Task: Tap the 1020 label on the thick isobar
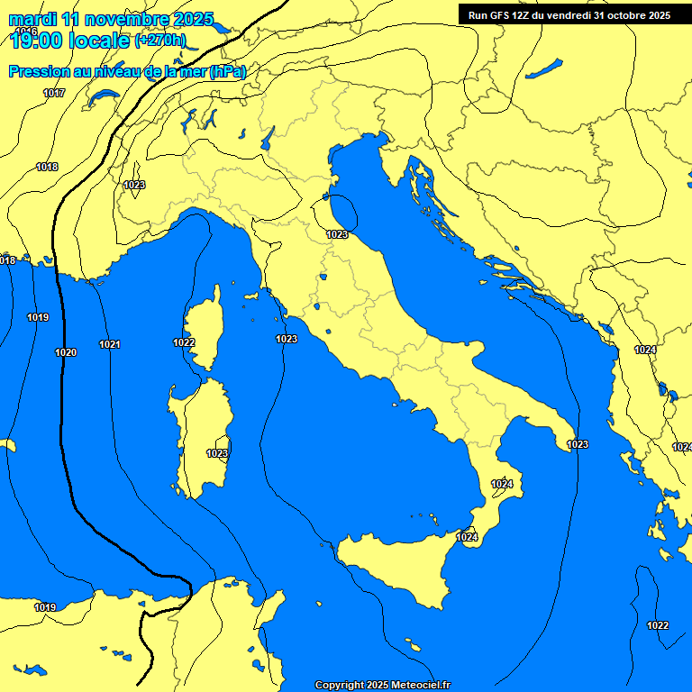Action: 65,352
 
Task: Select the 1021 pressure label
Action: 110,344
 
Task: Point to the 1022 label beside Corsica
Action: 184,342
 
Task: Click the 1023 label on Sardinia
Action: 217,453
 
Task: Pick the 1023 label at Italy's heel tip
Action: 578,444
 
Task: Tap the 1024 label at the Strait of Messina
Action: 467,537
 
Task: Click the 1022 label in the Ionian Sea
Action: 658,625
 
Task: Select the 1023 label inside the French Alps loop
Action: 134,185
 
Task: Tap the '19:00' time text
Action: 40,40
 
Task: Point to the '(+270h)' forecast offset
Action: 159,41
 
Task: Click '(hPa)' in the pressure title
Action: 227,72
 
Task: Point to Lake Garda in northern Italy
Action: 267,137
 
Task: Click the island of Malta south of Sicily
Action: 414,648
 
